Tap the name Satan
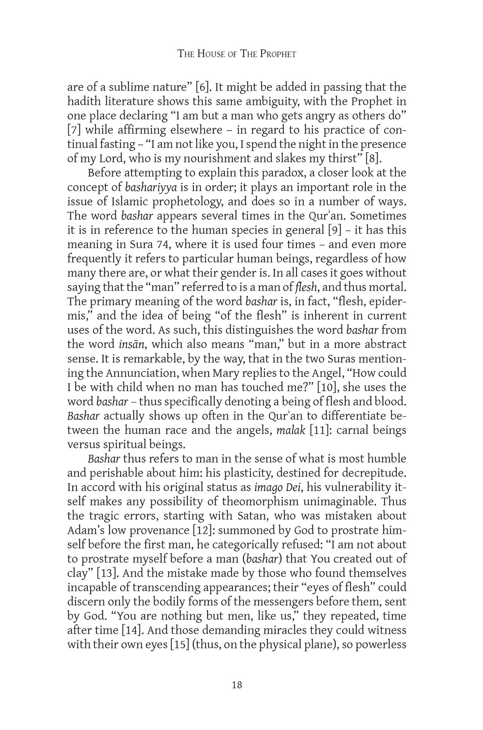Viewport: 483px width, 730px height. (x=253, y=516)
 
